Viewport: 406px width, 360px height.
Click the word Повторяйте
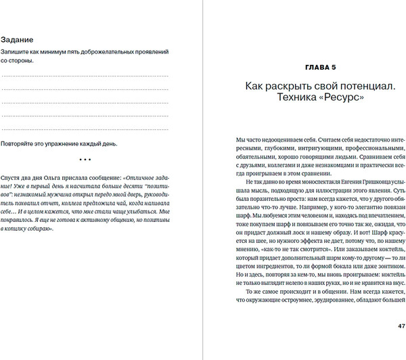(20, 144)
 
